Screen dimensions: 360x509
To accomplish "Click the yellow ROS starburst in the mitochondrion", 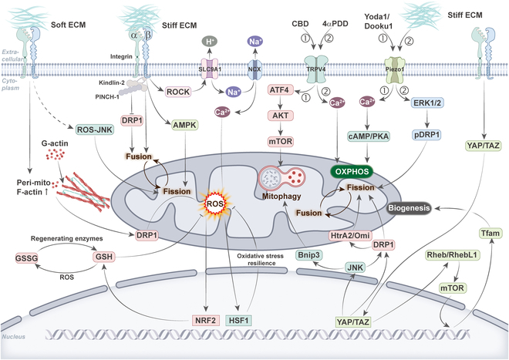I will [x=213, y=204].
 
